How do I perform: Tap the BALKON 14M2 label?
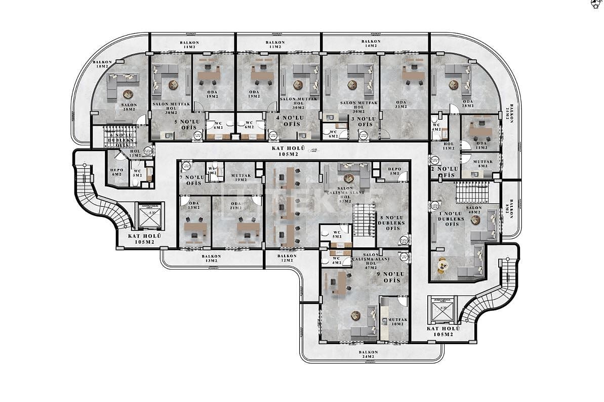[371, 44]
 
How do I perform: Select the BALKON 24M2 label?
[368, 354]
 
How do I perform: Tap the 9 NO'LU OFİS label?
[392, 277]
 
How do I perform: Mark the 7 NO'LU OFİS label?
[193, 180]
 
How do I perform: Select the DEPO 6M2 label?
[117, 172]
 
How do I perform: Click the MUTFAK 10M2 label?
[395, 322]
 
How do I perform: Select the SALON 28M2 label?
[129, 107]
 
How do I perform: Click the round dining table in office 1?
[442, 264]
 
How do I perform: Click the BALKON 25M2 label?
[512, 115]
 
